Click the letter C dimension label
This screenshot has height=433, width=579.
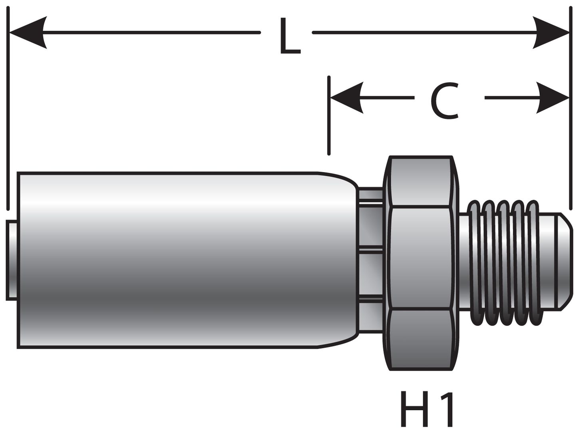pyautogui.click(x=444, y=101)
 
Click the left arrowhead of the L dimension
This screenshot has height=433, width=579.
pyautogui.click(x=28, y=32)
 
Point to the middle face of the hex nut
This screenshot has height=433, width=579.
pyautogui.click(x=422, y=258)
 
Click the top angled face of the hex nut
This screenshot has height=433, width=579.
pyautogui.click(x=422, y=182)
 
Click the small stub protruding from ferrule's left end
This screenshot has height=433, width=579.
pyautogui.click(x=12, y=260)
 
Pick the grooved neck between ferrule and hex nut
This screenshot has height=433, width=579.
pyautogui.click(x=371, y=260)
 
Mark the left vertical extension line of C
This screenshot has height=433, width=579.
pyautogui.click(x=329, y=116)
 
